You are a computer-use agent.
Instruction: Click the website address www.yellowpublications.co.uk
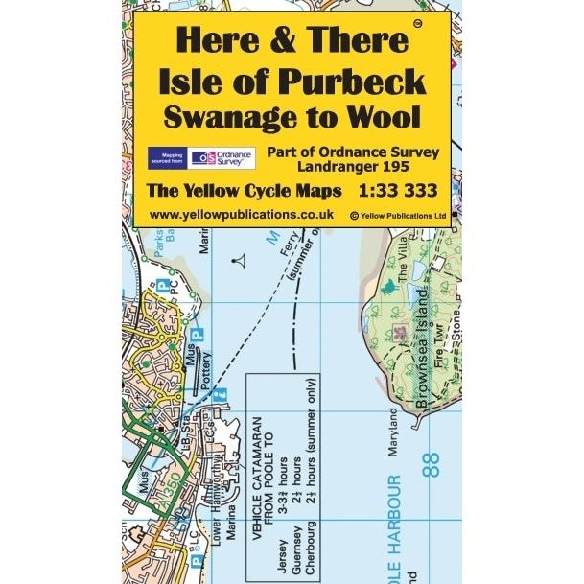click(x=242, y=215)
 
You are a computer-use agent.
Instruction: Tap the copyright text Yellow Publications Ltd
click(x=399, y=217)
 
